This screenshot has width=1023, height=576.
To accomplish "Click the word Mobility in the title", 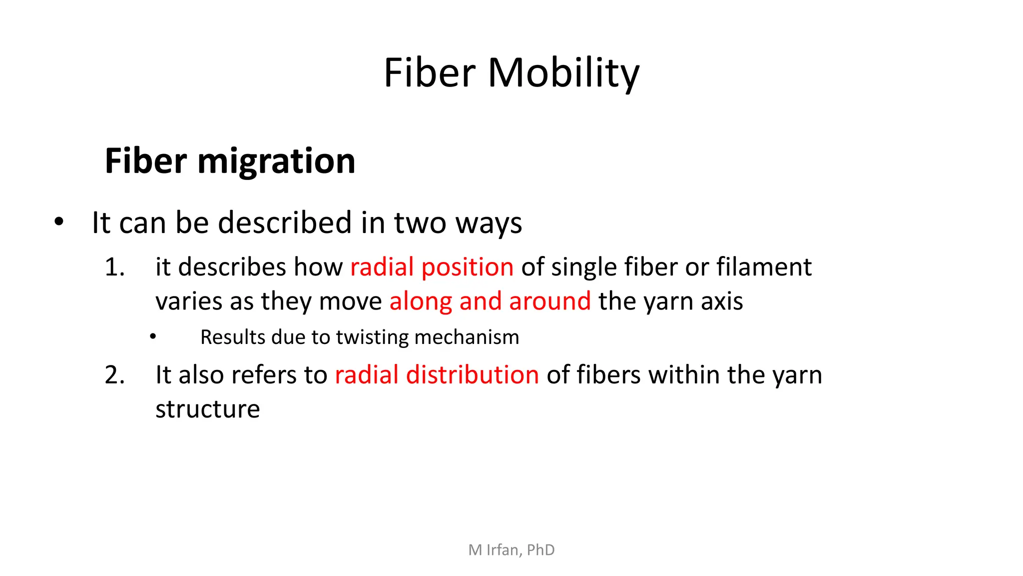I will click(x=563, y=73).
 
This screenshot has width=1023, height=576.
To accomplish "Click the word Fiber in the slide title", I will click(x=430, y=73).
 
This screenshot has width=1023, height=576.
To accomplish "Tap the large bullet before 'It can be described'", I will click(x=59, y=221).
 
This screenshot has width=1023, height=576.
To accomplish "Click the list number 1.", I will click(x=114, y=267).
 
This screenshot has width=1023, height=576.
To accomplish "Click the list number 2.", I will click(x=114, y=375).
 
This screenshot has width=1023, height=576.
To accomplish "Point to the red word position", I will click(x=467, y=267).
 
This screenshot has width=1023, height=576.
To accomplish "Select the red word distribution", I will click(x=472, y=375).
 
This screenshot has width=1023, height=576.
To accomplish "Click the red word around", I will click(x=549, y=301).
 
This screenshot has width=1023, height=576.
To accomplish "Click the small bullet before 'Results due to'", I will click(x=153, y=337).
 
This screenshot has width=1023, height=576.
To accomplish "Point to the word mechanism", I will click(x=467, y=337).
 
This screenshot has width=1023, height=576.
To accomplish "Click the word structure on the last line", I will click(x=207, y=409).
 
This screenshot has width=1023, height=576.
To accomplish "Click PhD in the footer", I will click(x=540, y=550).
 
